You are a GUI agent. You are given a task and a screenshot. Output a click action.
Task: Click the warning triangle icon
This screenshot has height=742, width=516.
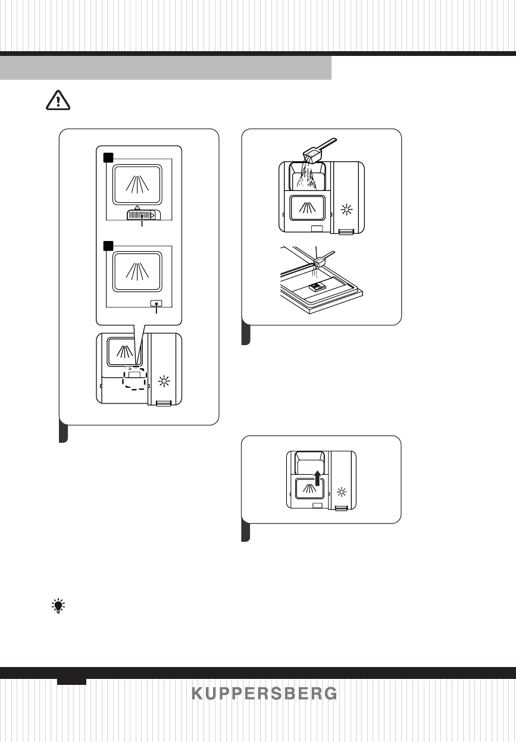(58, 102)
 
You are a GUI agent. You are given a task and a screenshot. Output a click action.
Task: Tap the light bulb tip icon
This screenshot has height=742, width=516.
(58, 606)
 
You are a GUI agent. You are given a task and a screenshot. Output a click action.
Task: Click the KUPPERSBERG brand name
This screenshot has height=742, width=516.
(264, 694)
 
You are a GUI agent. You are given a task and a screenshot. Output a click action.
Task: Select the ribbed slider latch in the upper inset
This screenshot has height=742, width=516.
(141, 215)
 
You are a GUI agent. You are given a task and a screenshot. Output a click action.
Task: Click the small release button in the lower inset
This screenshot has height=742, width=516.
(156, 302)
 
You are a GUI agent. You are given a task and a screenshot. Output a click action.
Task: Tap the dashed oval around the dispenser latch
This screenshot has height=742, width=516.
(137, 379)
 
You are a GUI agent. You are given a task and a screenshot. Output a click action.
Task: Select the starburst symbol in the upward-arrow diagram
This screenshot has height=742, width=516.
(342, 492)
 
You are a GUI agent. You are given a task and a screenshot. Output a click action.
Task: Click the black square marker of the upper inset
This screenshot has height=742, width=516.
(108, 157)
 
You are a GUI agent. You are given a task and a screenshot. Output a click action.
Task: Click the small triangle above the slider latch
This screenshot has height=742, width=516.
(137, 205)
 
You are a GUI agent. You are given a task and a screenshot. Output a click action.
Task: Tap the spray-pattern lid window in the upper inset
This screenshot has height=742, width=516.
(137, 185)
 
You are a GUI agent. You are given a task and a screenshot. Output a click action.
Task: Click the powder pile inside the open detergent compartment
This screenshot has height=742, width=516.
(307, 179)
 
